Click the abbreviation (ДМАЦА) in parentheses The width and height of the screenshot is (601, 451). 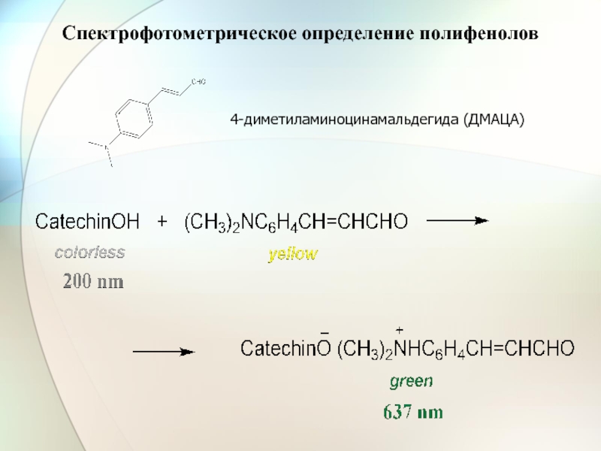pyautogui.click(x=494, y=120)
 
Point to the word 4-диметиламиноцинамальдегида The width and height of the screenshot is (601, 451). pyautogui.click(x=346, y=120)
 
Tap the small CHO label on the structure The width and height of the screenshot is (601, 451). pyautogui.click(x=198, y=81)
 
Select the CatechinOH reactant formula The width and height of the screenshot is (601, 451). pyautogui.click(x=88, y=222)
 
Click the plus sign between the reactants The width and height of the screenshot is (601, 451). pyautogui.click(x=162, y=222)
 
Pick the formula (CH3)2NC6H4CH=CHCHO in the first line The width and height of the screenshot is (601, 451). pyautogui.click(x=295, y=222)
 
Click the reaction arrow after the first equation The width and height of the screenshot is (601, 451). pyautogui.click(x=458, y=220)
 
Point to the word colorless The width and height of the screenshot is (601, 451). pyautogui.click(x=89, y=253)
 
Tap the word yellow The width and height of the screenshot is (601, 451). pyautogui.click(x=294, y=255)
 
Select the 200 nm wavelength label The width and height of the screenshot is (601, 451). pyautogui.click(x=92, y=283)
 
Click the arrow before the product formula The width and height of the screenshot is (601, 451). pyautogui.click(x=164, y=351)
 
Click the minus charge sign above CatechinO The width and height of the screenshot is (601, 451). pyautogui.click(x=325, y=333)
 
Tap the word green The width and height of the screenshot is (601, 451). pyautogui.click(x=411, y=382)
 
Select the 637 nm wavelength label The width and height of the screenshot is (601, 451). pyautogui.click(x=413, y=412)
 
